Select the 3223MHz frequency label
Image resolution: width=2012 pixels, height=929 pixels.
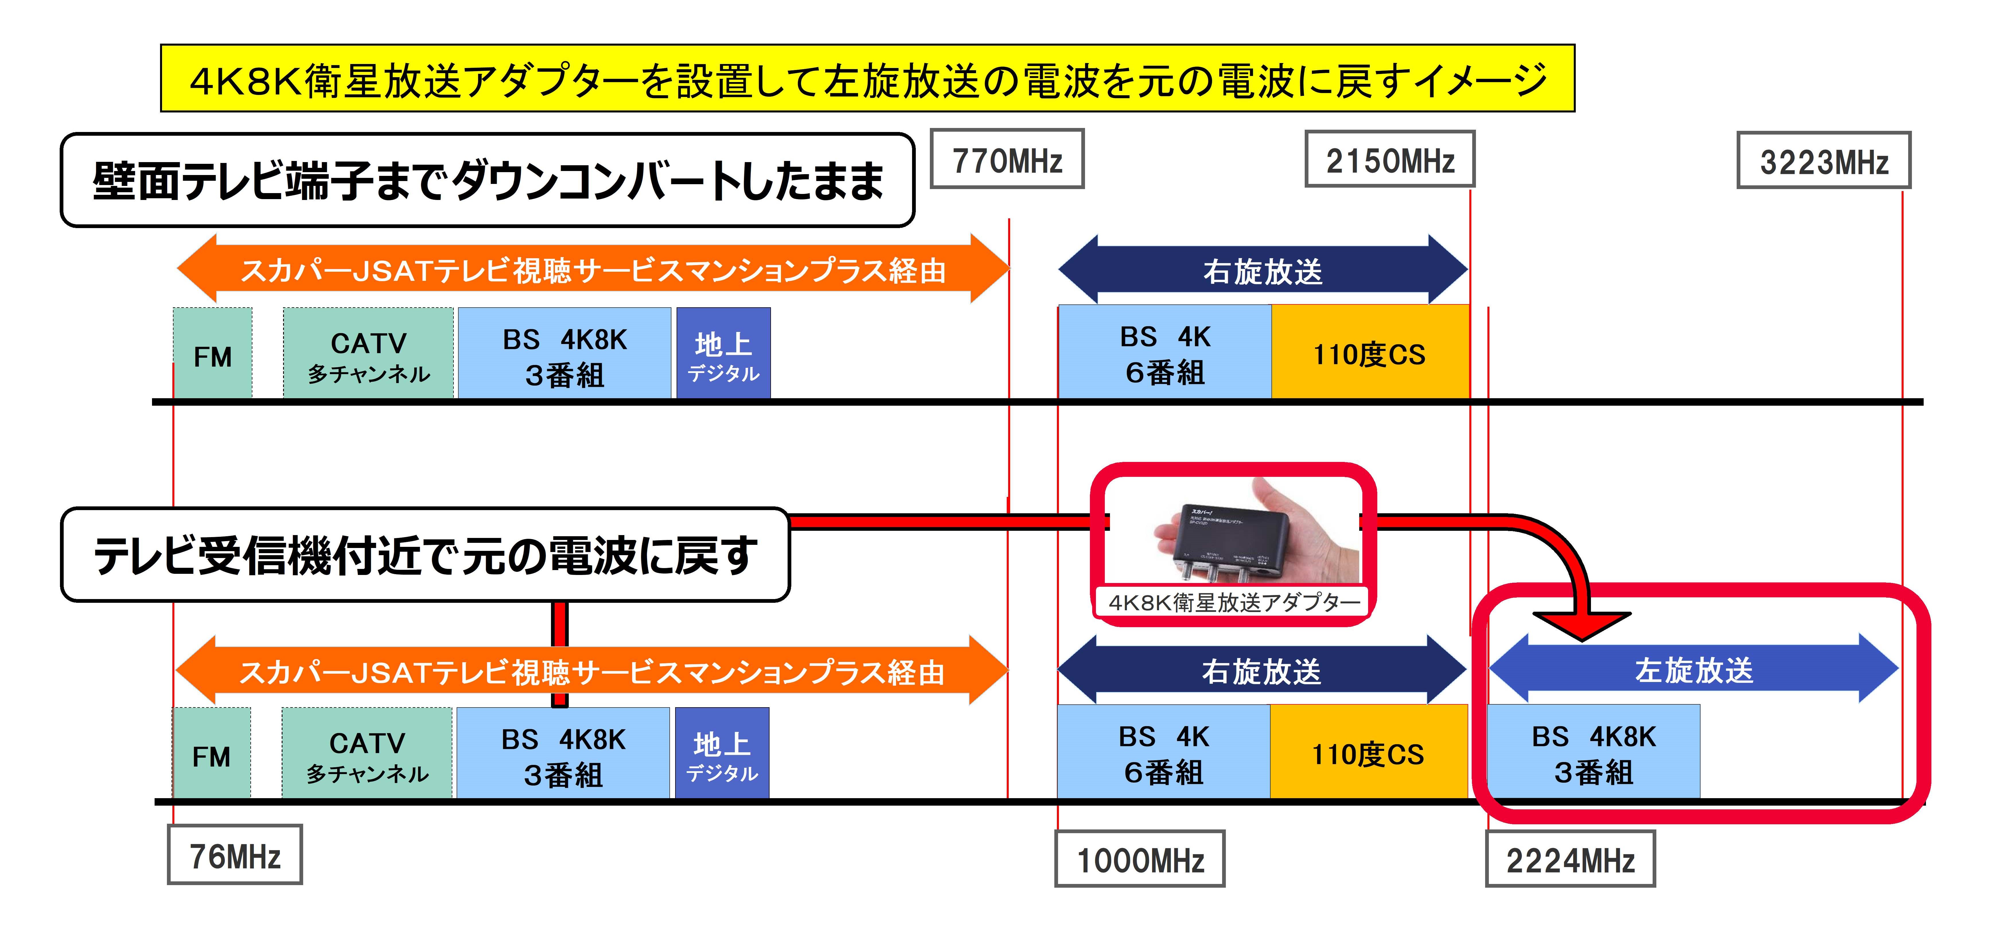coord(1824,161)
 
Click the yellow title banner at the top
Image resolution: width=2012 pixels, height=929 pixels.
coord(867,78)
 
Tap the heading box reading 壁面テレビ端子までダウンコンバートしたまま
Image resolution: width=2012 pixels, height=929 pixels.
coord(487,180)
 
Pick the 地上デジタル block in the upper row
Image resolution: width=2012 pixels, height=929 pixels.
coord(723,353)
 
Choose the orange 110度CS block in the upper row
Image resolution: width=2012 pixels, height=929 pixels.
coord(1370,351)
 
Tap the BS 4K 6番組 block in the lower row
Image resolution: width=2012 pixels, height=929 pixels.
coord(1164,752)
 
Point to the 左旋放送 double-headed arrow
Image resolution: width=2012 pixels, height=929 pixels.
coord(1693,669)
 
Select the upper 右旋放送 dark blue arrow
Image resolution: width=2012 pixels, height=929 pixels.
coord(1263,270)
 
